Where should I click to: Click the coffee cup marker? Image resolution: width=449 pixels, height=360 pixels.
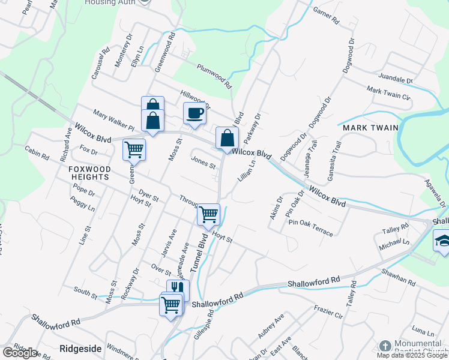click(x=194, y=113)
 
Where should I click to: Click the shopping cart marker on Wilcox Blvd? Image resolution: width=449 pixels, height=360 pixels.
click(x=133, y=149)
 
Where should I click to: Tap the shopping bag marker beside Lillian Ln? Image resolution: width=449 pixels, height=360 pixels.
click(x=227, y=138)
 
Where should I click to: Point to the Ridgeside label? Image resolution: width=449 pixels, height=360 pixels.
click(x=79, y=348)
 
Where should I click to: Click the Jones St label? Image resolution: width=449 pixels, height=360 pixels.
click(x=203, y=162)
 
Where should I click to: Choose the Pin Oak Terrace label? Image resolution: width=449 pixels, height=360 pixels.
click(x=310, y=227)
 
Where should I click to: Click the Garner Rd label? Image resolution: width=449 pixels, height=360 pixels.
click(x=327, y=16)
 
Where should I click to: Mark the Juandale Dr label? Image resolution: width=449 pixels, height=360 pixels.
click(x=396, y=79)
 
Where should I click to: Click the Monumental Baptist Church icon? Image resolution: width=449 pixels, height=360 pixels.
click(x=385, y=347)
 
